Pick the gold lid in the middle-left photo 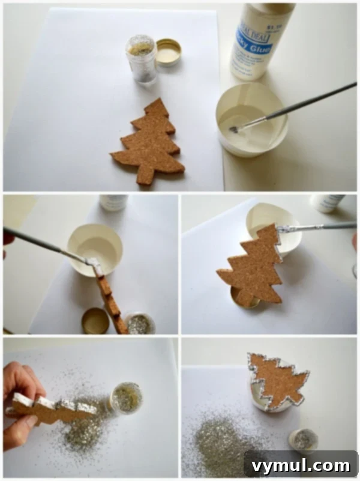(95, 320)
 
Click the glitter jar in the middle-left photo (139, 323)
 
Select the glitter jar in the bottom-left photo (126, 398)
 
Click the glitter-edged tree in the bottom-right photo (277, 380)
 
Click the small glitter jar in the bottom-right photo (304, 440)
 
